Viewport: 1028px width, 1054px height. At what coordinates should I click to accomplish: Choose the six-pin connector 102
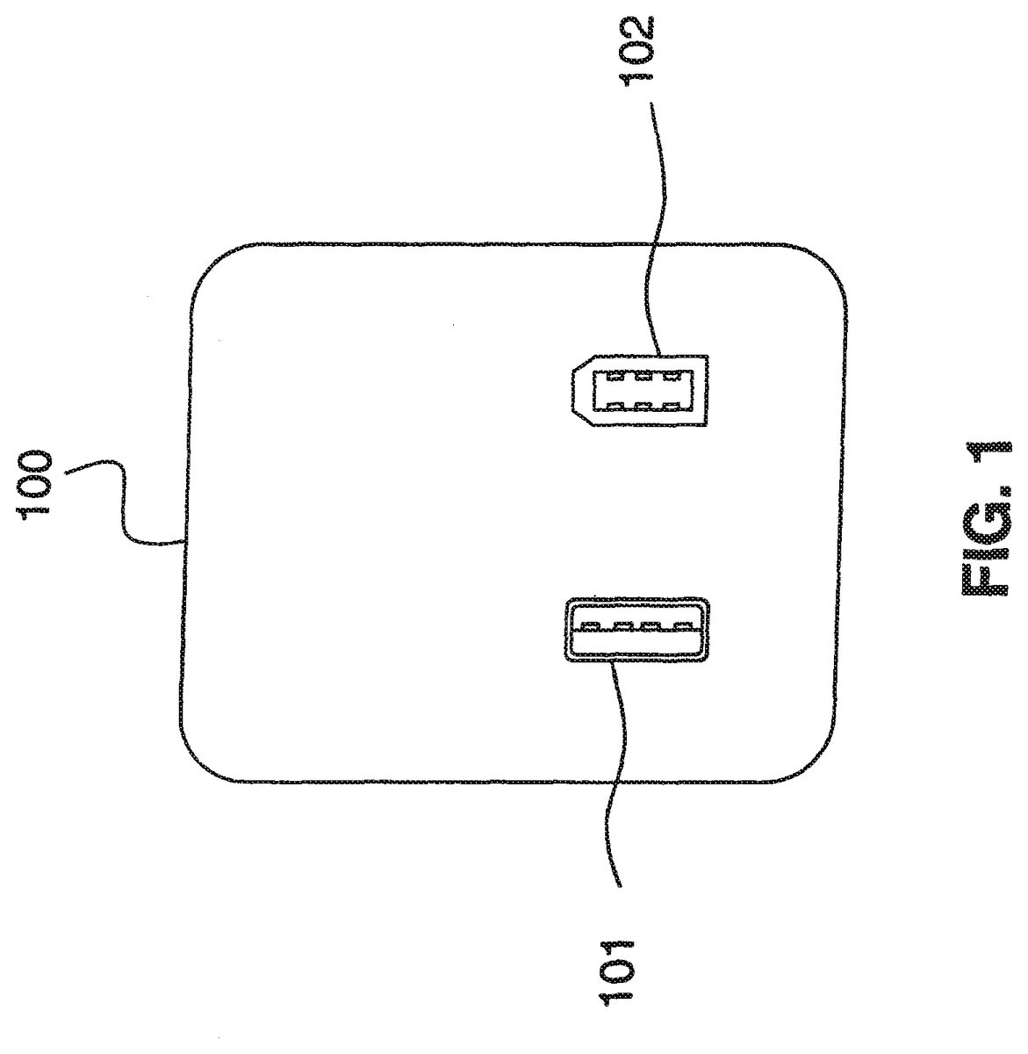[x=640, y=391]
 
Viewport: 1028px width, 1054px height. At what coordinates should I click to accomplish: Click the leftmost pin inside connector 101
[x=589, y=626]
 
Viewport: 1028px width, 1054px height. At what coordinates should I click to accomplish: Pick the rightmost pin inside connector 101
[x=680, y=626]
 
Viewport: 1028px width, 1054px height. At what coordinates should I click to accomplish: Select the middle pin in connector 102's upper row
[x=643, y=376]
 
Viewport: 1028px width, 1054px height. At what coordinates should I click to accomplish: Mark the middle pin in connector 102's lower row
[x=643, y=405]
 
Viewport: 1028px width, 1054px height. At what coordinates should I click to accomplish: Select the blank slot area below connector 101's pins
[x=636, y=643]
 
